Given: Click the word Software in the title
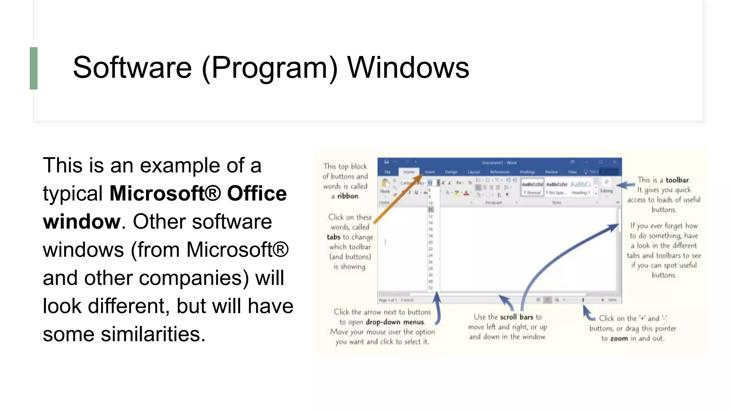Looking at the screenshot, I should tap(132, 67).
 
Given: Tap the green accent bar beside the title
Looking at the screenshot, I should tap(34, 68).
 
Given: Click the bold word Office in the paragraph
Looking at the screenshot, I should tap(257, 193).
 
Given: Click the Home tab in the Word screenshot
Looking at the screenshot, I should tap(409, 172).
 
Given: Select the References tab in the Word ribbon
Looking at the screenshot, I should tap(499, 172).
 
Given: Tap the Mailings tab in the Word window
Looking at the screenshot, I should tap(527, 172).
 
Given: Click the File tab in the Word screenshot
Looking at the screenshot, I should tap(387, 172).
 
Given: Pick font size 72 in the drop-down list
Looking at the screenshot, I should tap(430, 288).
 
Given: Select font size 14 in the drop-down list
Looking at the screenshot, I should tap(430, 223).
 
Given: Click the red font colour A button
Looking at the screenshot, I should tap(466, 193).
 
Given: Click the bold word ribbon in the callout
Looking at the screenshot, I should tap(348, 196).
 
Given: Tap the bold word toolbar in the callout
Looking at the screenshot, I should tap(677, 180).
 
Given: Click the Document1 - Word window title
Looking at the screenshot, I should tap(499, 163).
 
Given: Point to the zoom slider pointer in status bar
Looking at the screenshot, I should tap(583, 300).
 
